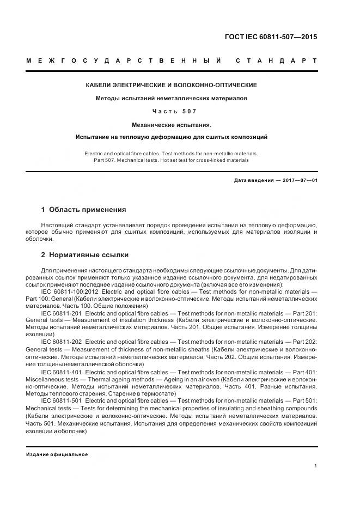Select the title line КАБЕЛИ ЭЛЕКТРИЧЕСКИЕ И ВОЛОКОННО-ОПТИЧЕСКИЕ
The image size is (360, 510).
point(172,86)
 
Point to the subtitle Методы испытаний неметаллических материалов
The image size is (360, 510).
point(172,99)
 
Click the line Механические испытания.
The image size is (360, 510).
point(172,125)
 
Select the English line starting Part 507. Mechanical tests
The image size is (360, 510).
point(172,160)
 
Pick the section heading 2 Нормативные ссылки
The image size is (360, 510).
point(85,254)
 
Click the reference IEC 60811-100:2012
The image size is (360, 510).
point(68,292)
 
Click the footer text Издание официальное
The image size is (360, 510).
point(57,454)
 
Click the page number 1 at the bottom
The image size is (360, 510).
point(316,466)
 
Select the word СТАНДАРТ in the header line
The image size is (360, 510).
point(277,60)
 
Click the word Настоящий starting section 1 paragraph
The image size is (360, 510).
point(57,224)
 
